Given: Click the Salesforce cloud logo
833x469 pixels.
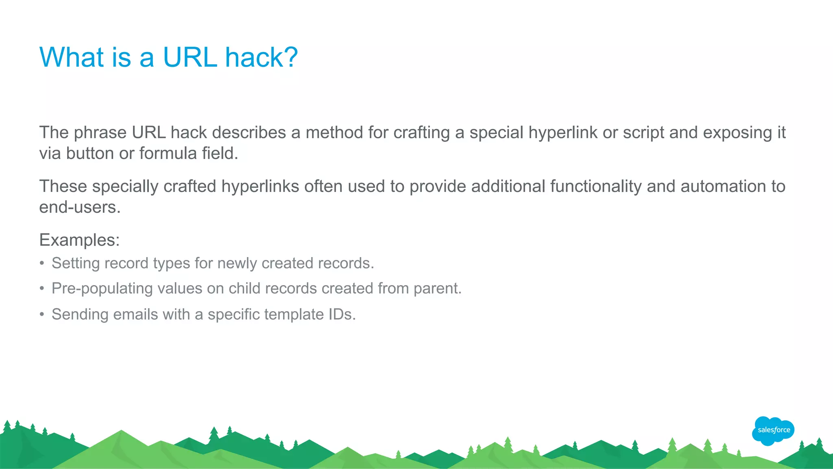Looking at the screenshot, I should coord(773,430).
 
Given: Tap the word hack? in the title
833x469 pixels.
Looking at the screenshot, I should coord(262,57).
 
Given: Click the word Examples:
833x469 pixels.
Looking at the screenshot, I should coord(79,240).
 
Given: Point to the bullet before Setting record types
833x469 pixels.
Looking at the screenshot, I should coord(42,263).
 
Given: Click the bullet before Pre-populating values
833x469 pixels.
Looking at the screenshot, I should coord(42,288).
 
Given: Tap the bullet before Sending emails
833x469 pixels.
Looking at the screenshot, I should coord(42,314).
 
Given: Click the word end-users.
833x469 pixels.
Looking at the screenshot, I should coord(80,207).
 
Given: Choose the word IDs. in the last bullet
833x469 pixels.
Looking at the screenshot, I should coord(342,314).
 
